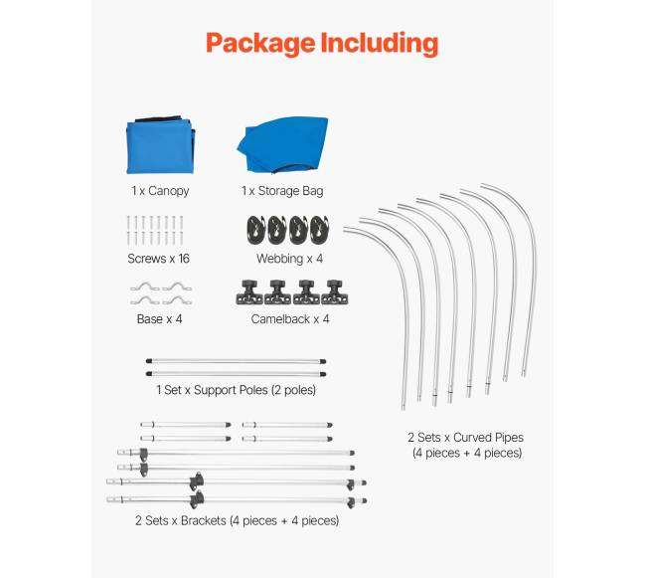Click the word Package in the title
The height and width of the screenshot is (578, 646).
pos(260,44)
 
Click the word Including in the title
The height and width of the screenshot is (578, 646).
pos(380,44)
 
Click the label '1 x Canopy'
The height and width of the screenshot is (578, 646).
pos(160,191)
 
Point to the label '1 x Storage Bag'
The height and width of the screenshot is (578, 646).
pos(282,191)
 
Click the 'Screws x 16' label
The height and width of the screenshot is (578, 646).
pos(158,259)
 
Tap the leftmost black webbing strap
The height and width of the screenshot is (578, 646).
pos(256,230)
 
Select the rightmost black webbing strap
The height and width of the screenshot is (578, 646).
pos(320,230)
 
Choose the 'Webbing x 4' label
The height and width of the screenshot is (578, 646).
pos(289,259)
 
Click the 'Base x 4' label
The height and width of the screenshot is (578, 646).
pos(159,319)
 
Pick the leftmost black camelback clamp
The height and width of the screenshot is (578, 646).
pos(249,292)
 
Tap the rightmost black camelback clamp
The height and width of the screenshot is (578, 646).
pos(335,292)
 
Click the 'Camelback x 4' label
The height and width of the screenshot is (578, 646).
pos(290,319)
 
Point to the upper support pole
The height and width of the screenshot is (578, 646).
pos(237,361)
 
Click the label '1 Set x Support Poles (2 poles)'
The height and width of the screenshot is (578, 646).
pos(237,390)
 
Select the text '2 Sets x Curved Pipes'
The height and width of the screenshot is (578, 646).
pos(465,438)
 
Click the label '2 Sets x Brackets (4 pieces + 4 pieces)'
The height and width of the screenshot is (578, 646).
pos(237,520)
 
